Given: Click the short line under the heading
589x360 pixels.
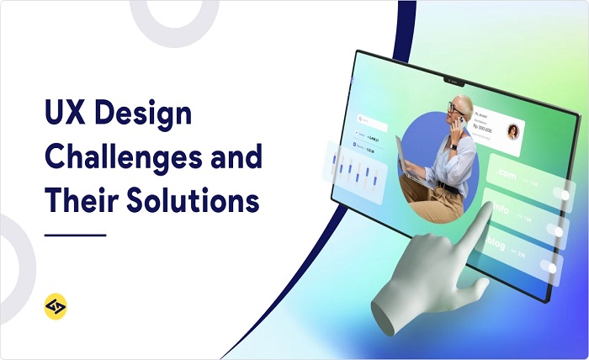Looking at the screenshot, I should (x=75, y=235).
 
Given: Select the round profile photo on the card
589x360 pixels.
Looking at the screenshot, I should (x=512, y=132).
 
